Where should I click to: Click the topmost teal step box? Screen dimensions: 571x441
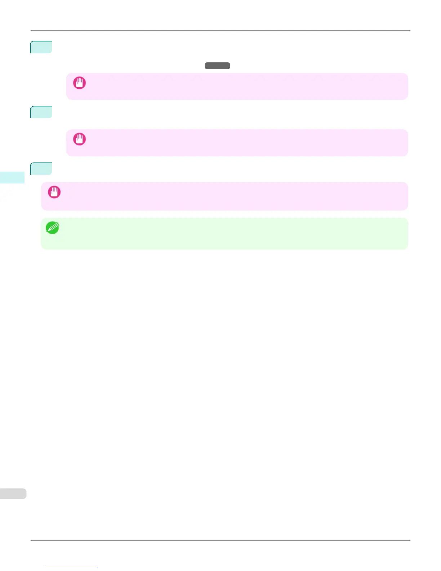click(x=41, y=47)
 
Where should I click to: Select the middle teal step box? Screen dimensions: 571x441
click(x=41, y=112)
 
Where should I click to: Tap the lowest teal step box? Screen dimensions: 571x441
click(x=41, y=169)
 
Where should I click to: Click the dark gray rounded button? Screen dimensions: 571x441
click(x=217, y=66)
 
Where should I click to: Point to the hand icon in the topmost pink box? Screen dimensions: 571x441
click(x=79, y=83)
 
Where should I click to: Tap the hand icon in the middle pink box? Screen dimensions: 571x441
click(x=79, y=139)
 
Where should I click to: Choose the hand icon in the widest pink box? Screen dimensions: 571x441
click(x=54, y=192)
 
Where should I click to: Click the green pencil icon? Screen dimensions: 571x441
click(x=53, y=228)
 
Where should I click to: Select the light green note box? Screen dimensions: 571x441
click(x=224, y=234)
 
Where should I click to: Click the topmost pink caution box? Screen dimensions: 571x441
click(x=237, y=86)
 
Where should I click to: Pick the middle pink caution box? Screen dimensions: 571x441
click(x=237, y=143)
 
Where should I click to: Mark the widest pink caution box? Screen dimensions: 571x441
click(x=224, y=196)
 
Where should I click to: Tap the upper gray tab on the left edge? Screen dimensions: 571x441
click(x=12, y=177)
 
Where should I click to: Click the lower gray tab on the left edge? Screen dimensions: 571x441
click(x=13, y=493)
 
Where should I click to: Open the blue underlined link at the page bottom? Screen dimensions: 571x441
click(x=71, y=568)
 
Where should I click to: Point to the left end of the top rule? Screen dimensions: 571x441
click(x=31, y=31)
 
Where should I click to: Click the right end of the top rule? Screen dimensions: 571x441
click(x=410, y=31)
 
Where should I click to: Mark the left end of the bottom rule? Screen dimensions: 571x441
click(x=31, y=540)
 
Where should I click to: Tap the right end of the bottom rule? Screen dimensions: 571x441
click(x=410, y=540)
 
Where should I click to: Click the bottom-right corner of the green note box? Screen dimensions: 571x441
click(x=407, y=248)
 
